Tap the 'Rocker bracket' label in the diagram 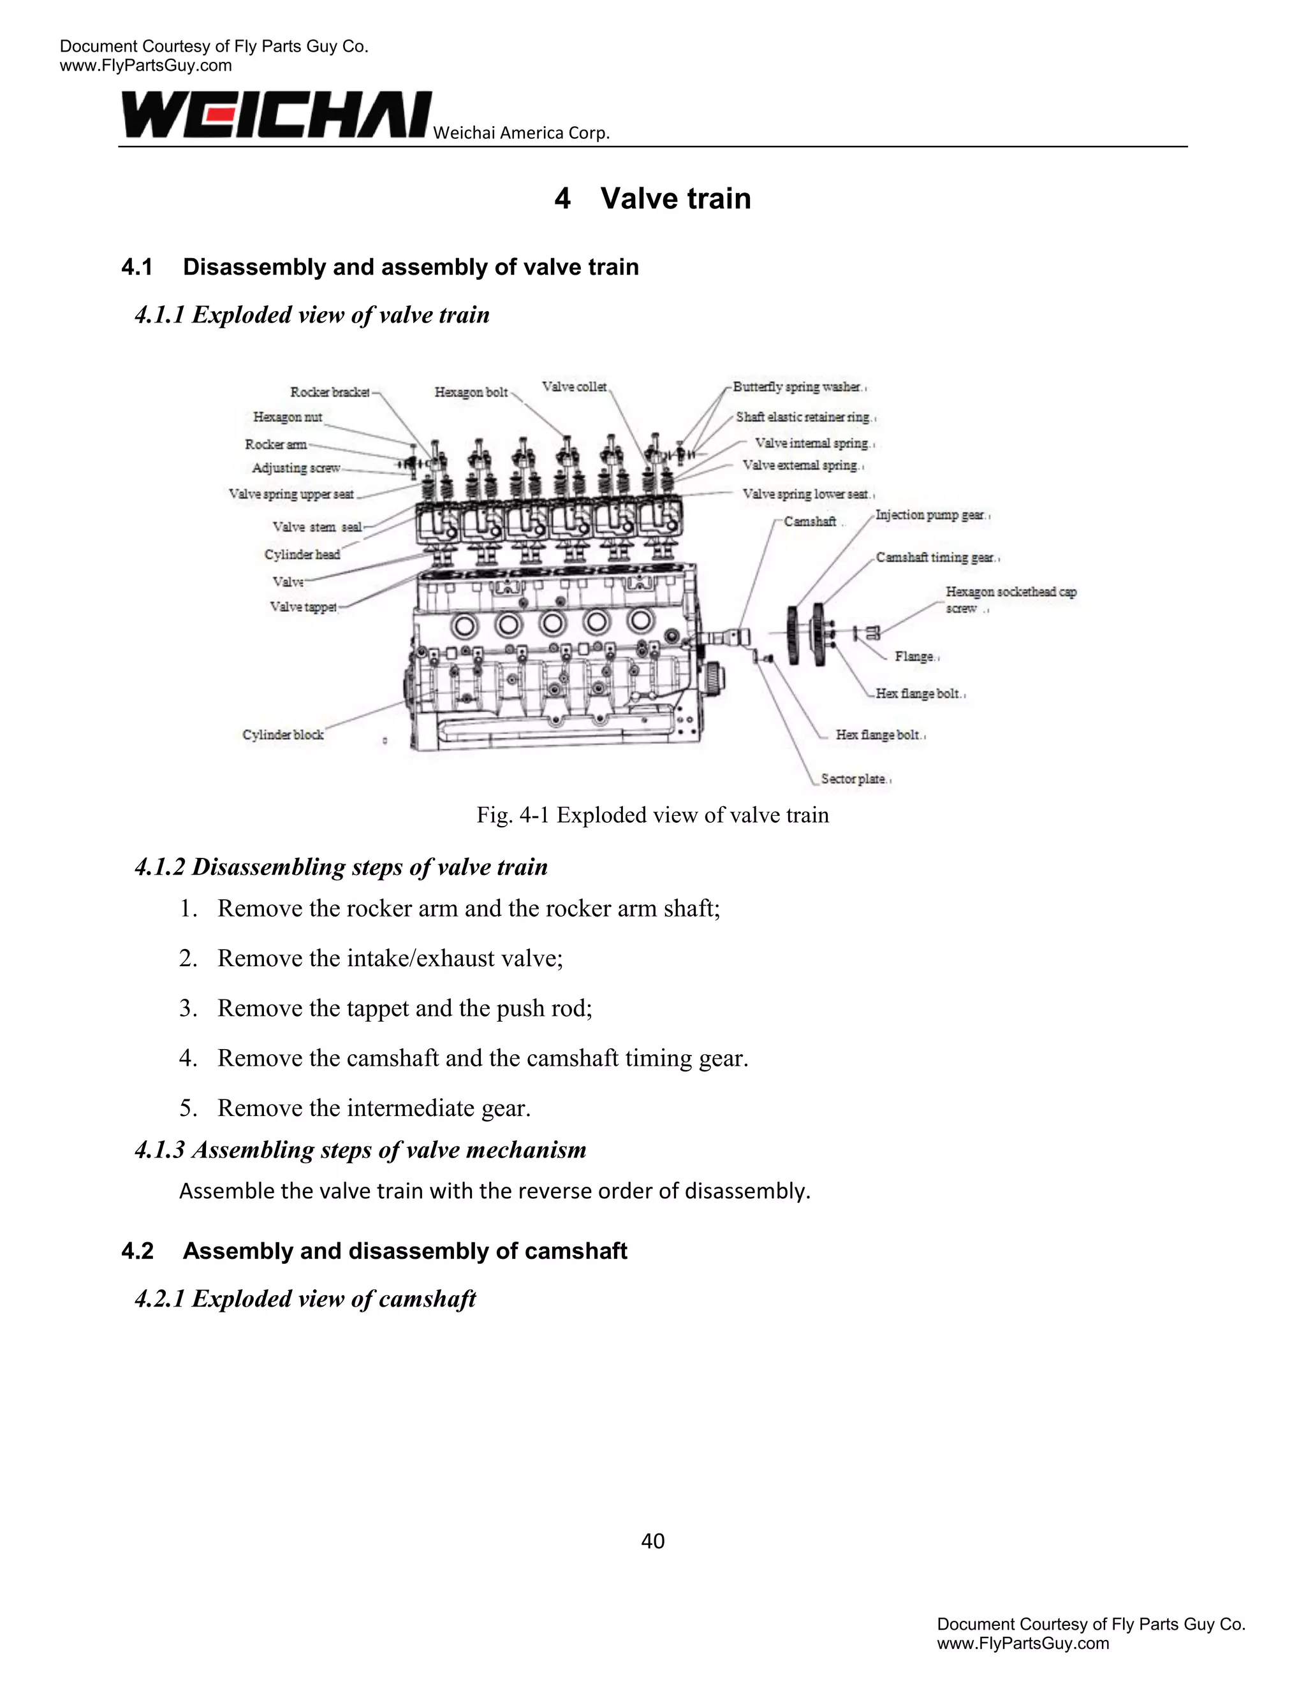330,392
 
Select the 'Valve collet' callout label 574,387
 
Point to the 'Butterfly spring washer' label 797,387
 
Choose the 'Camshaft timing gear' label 935,558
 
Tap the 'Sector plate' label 853,779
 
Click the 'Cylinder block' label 283,735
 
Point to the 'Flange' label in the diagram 914,656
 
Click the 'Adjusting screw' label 295,468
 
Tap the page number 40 653,1541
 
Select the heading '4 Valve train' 652,199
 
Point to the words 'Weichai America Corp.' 522,133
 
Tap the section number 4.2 138,1251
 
